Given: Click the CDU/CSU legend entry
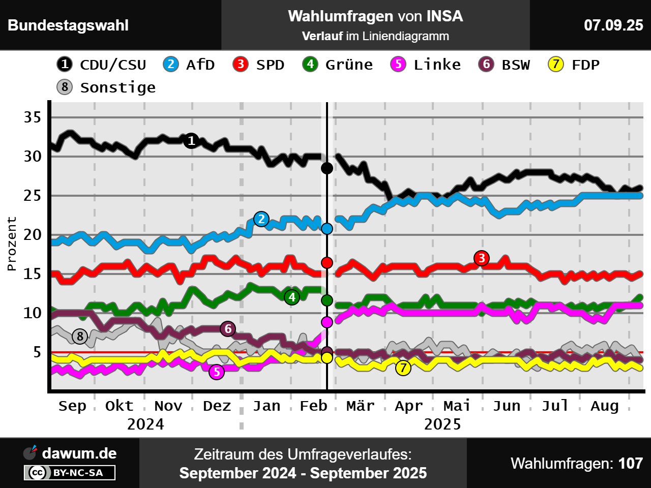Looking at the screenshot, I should click(102, 65).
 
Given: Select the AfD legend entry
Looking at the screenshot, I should click(189, 65).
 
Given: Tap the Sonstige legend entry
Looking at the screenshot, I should click(106, 87).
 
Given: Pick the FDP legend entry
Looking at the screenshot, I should click(574, 65).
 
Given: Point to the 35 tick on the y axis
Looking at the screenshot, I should click(33, 117).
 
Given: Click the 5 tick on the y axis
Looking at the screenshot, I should click(37, 352).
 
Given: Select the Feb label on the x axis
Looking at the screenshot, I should click(313, 406).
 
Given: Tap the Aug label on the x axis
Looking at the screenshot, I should click(604, 406).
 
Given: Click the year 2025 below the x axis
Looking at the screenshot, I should click(442, 424).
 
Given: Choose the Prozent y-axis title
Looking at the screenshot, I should click(12, 244).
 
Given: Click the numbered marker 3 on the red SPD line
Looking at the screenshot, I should click(481, 258).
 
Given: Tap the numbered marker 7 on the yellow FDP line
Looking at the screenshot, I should click(403, 368).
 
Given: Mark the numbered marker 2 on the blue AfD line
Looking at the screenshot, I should click(261, 219).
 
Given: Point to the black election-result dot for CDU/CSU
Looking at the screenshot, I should click(327, 168).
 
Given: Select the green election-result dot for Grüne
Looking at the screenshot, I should click(327, 300).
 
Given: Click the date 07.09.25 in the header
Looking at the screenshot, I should click(613, 25).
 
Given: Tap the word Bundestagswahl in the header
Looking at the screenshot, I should click(68, 25).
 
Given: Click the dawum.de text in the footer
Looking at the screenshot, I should click(79, 453).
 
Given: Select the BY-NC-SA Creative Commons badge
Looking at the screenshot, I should click(70, 473).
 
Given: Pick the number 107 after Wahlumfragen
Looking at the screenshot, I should click(631, 463).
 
